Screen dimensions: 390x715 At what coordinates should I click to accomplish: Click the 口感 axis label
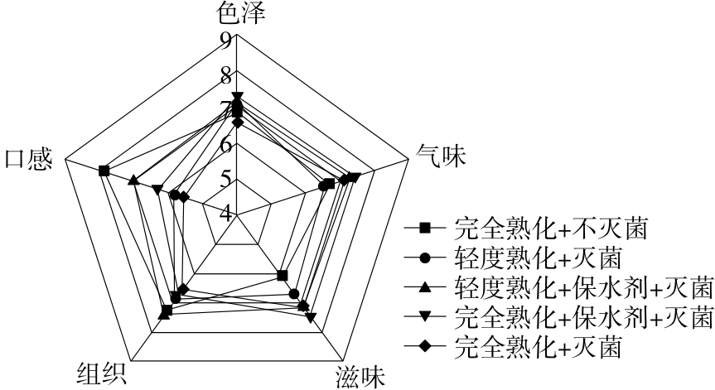point(29,157)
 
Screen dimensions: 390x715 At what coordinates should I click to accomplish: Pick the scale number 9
point(226,38)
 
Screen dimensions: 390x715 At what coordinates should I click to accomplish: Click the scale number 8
point(226,75)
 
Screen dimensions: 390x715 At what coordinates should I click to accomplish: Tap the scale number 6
point(226,144)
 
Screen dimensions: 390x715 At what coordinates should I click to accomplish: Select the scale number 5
point(226,179)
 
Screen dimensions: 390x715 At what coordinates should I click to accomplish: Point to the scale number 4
point(226,213)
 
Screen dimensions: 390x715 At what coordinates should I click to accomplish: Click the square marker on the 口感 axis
point(103,171)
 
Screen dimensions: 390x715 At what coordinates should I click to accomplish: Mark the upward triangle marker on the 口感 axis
point(133,180)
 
